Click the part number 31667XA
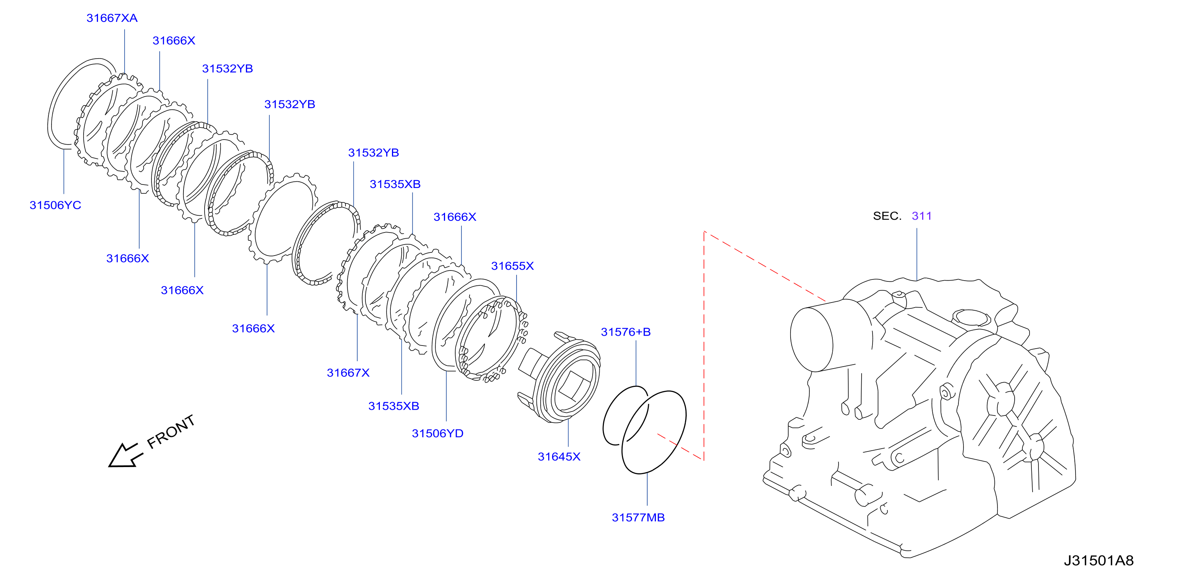pyautogui.click(x=112, y=18)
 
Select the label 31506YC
pyautogui.click(x=55, y=205)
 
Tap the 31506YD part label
pyautogui.click(x=438, y=433)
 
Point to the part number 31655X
pyautogui.click(x=512, y=266)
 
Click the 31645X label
pyautogui.click(x=559, y=456)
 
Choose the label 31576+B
pyautogui.click(x=626, y=332)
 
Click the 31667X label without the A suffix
pyautogui.click(x=348, y=372)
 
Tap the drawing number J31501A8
pyautogui.click(x=1099, y=560)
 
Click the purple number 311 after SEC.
pyautogui.click(x=921, y=216)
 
